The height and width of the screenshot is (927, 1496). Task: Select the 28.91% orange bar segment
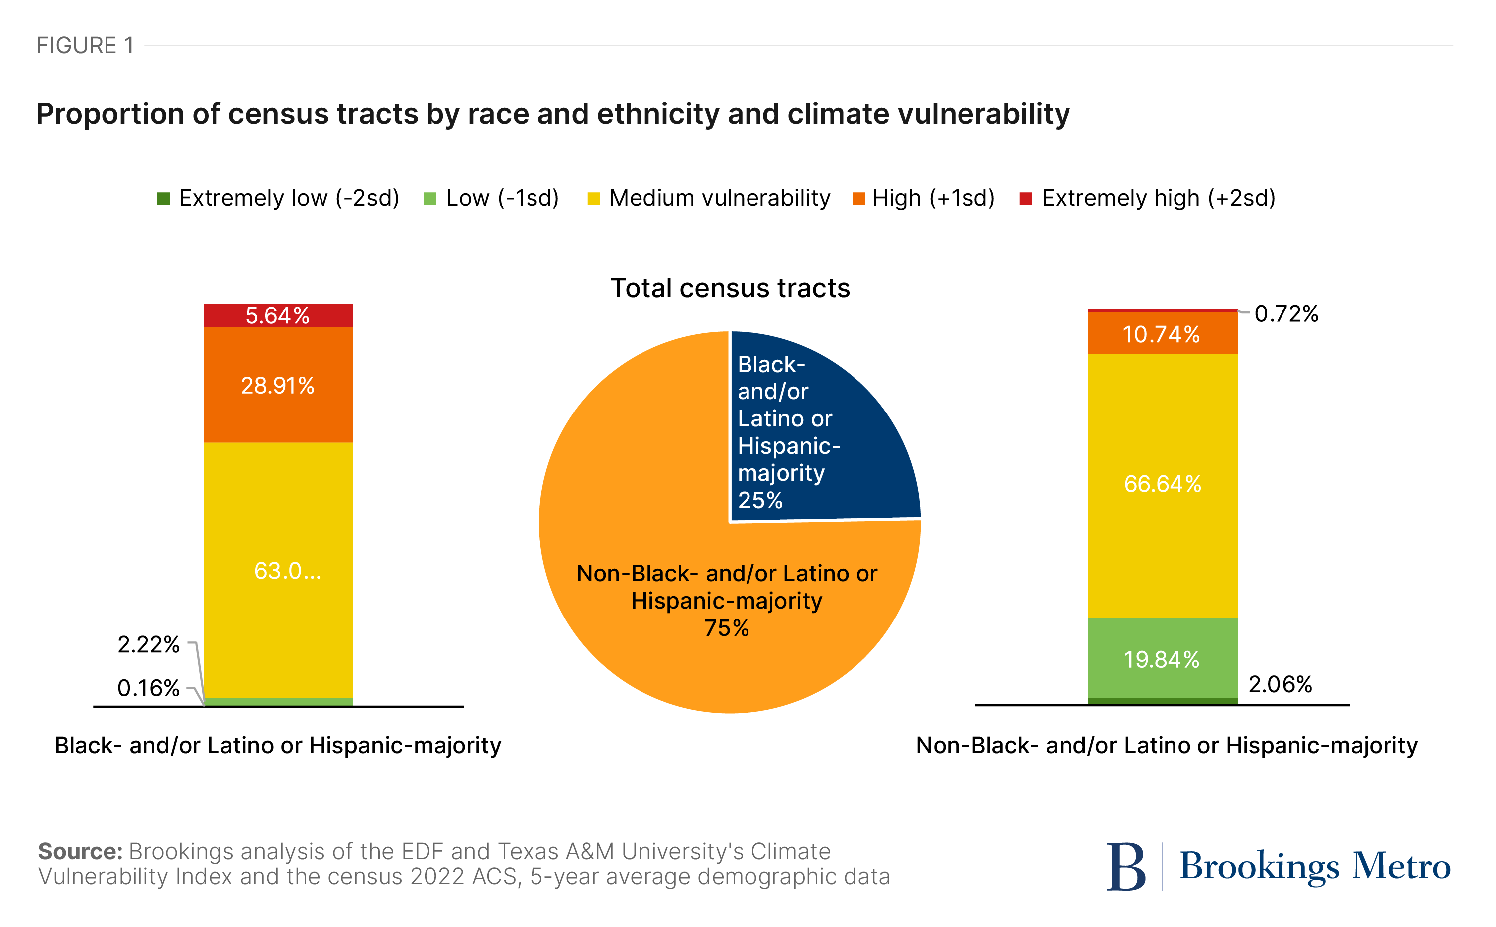click(x=278, y=385)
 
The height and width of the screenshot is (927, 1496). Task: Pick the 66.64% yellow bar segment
click(x=1162, y=484)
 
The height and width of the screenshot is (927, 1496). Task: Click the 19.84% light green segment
click(x=1162, y=659)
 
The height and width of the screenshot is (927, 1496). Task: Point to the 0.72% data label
click(x=1285, y=314)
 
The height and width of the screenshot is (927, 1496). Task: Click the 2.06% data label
click(x=1280, y=684)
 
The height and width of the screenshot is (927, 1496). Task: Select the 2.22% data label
click(x=148, y=644)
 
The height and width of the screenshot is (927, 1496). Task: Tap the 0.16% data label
click(x=148, y=688)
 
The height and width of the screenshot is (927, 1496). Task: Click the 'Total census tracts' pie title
click(x=730, y=288)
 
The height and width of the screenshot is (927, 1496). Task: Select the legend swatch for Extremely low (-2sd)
click(x=163, y=199)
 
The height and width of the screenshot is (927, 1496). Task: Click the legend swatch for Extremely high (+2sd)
click(x=1025, y=199)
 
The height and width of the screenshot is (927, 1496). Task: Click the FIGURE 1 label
click(x=85, y=45)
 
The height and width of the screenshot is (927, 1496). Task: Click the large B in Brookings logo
click(x=1125, y=866)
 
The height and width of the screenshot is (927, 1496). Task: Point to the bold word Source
click(x=80, y=851)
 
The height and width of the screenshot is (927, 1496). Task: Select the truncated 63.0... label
click(x=287, y=571)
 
